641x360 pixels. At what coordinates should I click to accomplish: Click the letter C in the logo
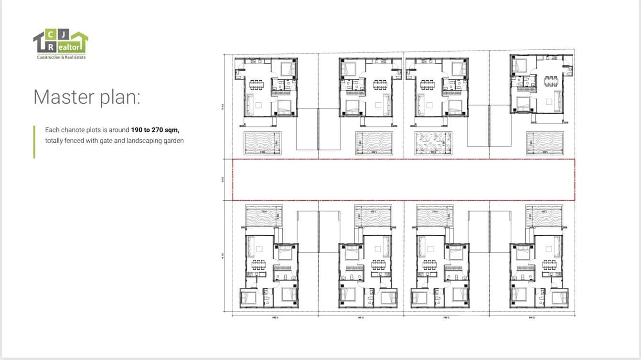point(51,34)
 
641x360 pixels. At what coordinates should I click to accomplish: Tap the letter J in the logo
point(63,34)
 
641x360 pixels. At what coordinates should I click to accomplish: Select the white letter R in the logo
point(51,47)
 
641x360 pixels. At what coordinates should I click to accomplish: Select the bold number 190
point(138,130)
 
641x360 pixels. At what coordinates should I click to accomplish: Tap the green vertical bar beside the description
point(34,142)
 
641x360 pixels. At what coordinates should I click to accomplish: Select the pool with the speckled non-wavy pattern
point(433,143)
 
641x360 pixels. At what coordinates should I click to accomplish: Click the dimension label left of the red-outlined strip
point(223,180)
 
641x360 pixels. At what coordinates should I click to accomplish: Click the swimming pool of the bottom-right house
point(544,216)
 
